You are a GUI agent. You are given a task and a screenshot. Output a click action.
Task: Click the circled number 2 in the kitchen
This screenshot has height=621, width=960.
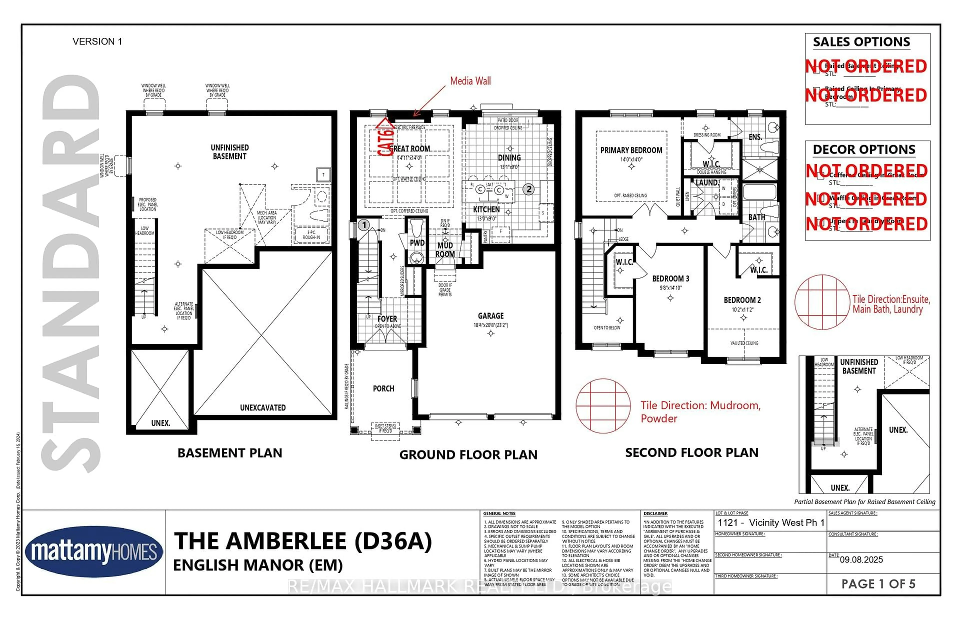pos(528,189)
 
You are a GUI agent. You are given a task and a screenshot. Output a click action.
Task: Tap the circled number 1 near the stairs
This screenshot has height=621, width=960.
pos(364,224)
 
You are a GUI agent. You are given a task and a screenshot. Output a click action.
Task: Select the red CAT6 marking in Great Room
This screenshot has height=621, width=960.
pos(385,139)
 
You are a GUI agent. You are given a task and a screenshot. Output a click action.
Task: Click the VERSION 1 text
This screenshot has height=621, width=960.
pos(97,41)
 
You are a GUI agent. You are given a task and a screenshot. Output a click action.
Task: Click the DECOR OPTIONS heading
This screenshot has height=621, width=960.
pos(864,149)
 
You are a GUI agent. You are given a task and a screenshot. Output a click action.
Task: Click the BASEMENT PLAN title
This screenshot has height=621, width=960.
pos(230,453)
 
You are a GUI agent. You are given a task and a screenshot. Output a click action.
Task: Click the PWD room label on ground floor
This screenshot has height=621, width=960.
pos(417,243)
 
